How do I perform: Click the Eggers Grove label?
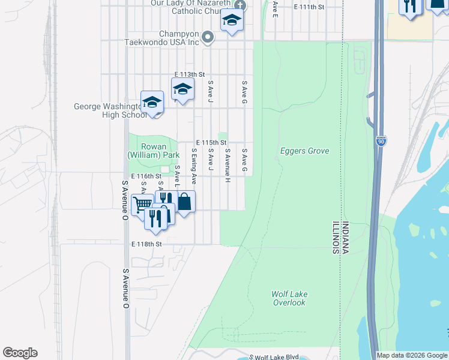(x=304, y=151)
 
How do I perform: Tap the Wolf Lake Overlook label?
(x=289, y=298)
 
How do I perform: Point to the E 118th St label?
(x=147, y=244)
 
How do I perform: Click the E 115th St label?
(x=209, y=142)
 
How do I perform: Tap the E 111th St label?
(x=309, y=7)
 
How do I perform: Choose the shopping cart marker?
(x=142, y=205)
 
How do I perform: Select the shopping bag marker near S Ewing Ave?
(x=184, y=202)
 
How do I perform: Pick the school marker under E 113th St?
(x=182, y=90)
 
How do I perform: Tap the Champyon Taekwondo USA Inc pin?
(x=208, y=37)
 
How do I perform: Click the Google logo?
(x=20, y=353)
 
